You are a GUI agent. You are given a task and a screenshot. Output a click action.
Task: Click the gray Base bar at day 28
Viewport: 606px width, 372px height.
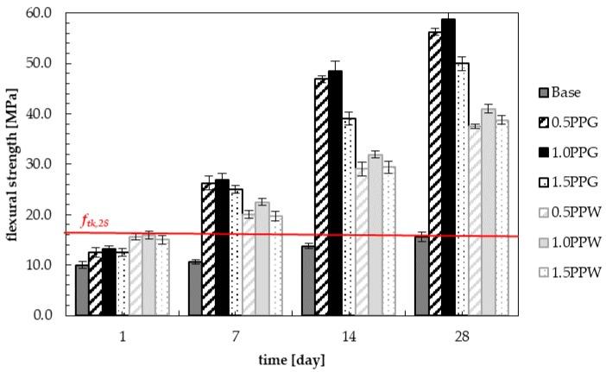tap(421, 275)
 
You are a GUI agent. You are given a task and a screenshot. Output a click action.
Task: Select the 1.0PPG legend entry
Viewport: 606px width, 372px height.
tap(565, 153)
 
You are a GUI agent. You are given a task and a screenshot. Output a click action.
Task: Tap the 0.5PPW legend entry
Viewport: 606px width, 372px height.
tap(565, 213)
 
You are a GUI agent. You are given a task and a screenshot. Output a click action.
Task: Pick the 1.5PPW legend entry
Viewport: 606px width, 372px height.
tap(565, 274)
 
